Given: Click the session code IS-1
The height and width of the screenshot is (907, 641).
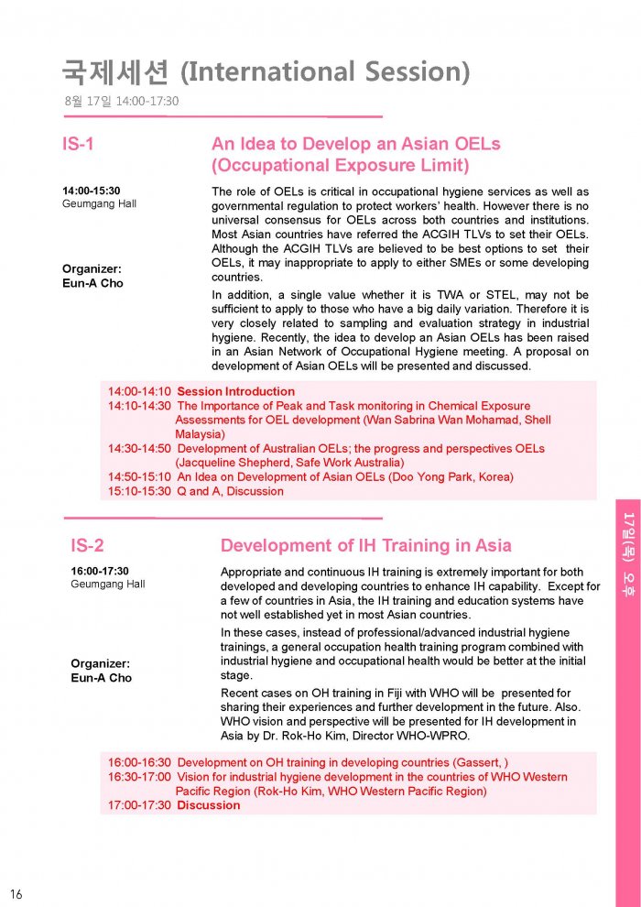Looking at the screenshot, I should click(78, 144).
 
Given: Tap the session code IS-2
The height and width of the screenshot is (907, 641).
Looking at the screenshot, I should click(87, 546).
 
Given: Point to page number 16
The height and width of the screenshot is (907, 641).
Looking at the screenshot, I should click(16, 893).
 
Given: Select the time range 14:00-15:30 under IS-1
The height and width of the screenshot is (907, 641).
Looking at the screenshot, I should click(91, 191).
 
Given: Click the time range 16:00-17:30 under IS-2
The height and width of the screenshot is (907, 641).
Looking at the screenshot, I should click(100, 571).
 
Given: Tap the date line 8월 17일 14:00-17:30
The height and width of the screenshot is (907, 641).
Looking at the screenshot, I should click(121, 101).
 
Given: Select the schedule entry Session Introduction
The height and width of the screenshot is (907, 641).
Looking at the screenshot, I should click(223, 392).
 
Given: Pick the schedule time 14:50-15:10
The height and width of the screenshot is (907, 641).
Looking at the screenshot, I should click(139, 477).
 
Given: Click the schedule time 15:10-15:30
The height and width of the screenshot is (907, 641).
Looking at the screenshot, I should click(139, 491).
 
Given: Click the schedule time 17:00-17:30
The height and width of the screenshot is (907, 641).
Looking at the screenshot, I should click(139, 805).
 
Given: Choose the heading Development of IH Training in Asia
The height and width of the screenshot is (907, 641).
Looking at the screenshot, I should click(366, 546).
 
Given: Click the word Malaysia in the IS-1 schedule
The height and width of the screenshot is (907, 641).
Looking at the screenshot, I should click(200, 434).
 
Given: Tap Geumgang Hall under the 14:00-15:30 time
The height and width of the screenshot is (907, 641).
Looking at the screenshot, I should click(99, 204).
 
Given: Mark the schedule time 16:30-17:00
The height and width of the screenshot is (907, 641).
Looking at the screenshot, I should click(139, 777).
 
